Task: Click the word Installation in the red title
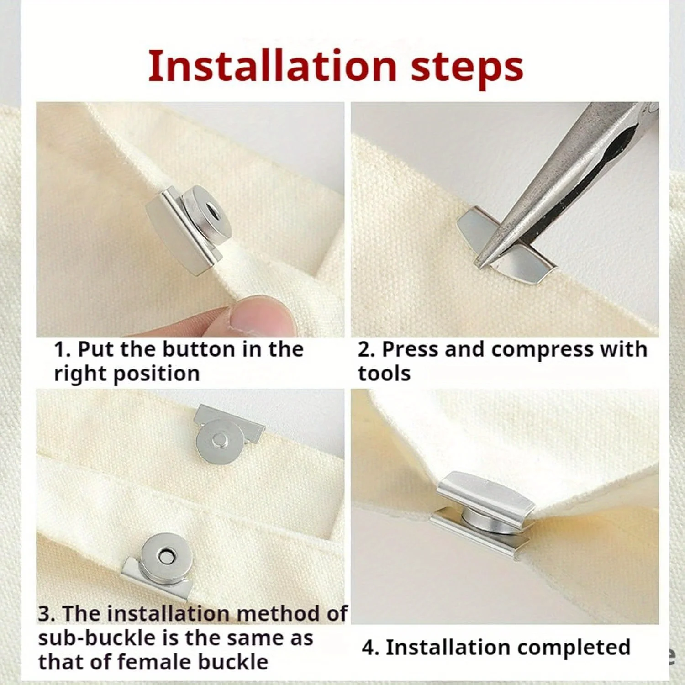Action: [x=272, y=66]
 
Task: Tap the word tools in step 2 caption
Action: [x=384, y=373]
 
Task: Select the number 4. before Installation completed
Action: [x=371, y=648]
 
